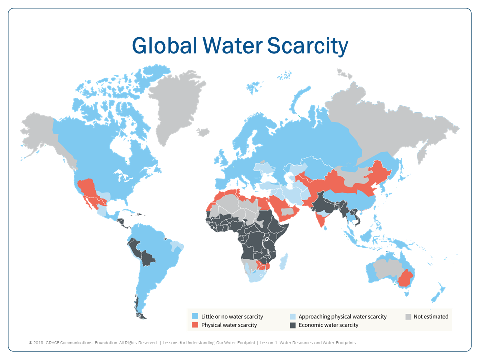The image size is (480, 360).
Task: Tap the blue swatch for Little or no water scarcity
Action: tap(195, 316)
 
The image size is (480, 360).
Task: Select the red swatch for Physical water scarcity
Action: tap(195, 325)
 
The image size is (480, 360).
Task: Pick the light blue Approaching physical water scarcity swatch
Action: tap(293, 316)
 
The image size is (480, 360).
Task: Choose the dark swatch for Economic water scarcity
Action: tap(293, 325)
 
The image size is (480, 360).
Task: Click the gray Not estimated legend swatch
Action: tap(408, 316)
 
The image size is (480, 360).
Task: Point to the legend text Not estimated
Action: tap(431, 316)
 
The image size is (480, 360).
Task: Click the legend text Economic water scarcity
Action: tap(328, 325)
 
